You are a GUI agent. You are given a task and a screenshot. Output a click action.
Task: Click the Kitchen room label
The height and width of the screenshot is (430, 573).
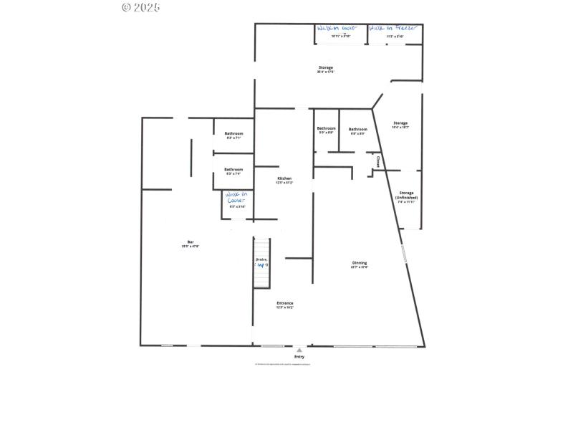(284, 178)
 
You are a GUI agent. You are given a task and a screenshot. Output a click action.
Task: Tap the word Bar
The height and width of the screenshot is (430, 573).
(191, 242)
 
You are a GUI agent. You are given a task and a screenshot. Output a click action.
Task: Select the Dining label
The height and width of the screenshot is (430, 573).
(360, 263)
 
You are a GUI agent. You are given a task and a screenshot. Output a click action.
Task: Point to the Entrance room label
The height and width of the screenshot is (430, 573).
(285, 303)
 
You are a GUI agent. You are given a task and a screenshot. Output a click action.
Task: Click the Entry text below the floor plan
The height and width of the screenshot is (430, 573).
(299, 356)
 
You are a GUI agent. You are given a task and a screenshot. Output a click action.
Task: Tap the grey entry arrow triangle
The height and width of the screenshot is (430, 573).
(299, 350)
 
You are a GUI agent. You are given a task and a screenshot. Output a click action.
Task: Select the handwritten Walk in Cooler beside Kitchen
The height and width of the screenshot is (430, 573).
(236, 197)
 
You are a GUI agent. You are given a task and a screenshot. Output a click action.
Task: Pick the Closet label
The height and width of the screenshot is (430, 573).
(378, 161)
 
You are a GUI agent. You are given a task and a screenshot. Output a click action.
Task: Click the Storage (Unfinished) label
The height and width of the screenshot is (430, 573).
(407, 195)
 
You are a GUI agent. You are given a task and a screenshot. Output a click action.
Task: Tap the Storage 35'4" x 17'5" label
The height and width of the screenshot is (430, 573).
(325, 67)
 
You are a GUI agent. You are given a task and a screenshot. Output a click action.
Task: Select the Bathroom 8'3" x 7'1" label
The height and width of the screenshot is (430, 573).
(233, 133)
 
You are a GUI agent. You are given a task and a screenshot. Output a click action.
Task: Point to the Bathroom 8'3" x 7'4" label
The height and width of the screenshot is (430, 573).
(233, 169)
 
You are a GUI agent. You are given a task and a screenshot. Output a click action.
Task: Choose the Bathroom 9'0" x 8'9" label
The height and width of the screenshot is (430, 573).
(326, 129)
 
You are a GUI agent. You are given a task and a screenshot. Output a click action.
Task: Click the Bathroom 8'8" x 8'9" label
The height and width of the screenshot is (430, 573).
(357, 129)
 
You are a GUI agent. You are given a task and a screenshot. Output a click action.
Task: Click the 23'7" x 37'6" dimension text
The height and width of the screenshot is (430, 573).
(360, 267)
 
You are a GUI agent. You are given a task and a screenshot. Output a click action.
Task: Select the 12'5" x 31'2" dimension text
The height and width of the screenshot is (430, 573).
(284, 183)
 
